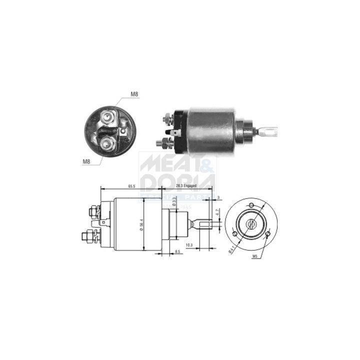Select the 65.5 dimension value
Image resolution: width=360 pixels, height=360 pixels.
pyautogui.click(x=131, y=186)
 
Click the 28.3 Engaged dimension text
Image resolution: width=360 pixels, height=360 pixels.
pyautogui.click(x=186, y=186)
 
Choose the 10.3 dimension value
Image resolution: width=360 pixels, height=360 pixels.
pyautogui.click(x=202, y=244)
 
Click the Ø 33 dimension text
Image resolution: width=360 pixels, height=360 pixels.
pyautogui.click(x=174, y=201)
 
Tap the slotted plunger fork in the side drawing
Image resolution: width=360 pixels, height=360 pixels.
pyautogui.click(x=203, y=223)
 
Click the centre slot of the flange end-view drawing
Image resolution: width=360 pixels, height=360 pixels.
pyautogui.click(x=251, y=222)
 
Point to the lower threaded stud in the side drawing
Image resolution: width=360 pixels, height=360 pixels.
pyautogui.click(x=90, y=234)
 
